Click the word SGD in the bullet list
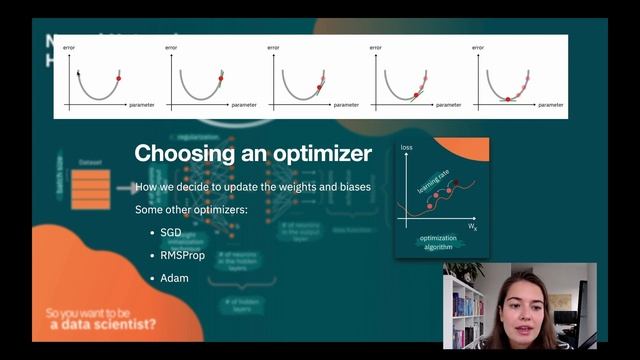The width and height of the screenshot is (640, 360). click(171, 232)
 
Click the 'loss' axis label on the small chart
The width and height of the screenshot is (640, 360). click(406, 147)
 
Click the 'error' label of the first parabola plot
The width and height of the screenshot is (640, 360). click(67, 48)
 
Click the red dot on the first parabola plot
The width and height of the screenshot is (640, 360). click(118, 77)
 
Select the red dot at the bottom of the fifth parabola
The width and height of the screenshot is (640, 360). click(509, 98)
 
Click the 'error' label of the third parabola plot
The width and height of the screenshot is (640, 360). click(272, 48)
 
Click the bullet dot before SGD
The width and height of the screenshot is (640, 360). click(150, 232)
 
